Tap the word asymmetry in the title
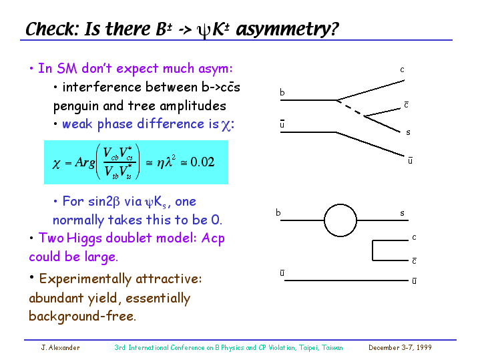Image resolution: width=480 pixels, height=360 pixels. coord(287,30)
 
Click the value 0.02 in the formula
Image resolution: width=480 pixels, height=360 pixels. coord(202,162)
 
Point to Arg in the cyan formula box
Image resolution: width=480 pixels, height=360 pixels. coord(85,162)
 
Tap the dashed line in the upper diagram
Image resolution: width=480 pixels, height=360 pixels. coord(350,108)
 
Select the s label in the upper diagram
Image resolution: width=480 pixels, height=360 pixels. coord(408,132)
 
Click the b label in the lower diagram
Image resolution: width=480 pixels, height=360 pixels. coord(278,212)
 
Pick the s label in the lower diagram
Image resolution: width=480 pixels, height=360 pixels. coord(403,213)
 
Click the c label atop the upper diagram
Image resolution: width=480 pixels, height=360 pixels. coord(403,70)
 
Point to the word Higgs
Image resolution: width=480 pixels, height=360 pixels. coord(84,238)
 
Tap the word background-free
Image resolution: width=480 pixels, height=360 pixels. coord(82,316)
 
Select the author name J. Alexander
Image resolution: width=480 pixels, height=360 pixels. coord(60,347)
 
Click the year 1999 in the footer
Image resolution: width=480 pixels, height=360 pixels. coord(424,347)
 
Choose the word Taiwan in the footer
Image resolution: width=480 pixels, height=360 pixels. coord(332,347)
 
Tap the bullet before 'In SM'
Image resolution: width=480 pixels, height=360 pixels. coord(31,68)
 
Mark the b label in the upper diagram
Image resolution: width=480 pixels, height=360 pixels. coord(282,92)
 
